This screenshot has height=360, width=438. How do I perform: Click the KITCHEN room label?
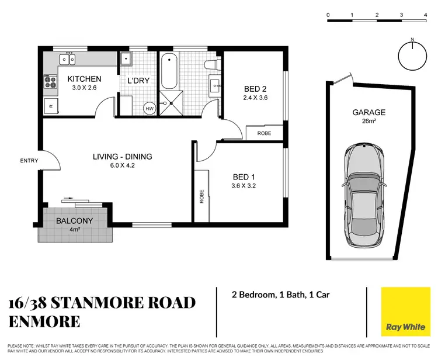[x=84, y=79]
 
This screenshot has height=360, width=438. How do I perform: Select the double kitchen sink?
[x=67, y=59]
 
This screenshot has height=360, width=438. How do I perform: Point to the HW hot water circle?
[x=149, y=108]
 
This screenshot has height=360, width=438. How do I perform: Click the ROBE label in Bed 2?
[x=264, y=133]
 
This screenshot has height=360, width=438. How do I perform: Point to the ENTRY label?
[x=29, y=161]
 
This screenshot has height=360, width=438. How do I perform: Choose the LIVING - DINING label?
[x=123, y=156]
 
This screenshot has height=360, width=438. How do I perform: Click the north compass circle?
[x=412, y=56]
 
